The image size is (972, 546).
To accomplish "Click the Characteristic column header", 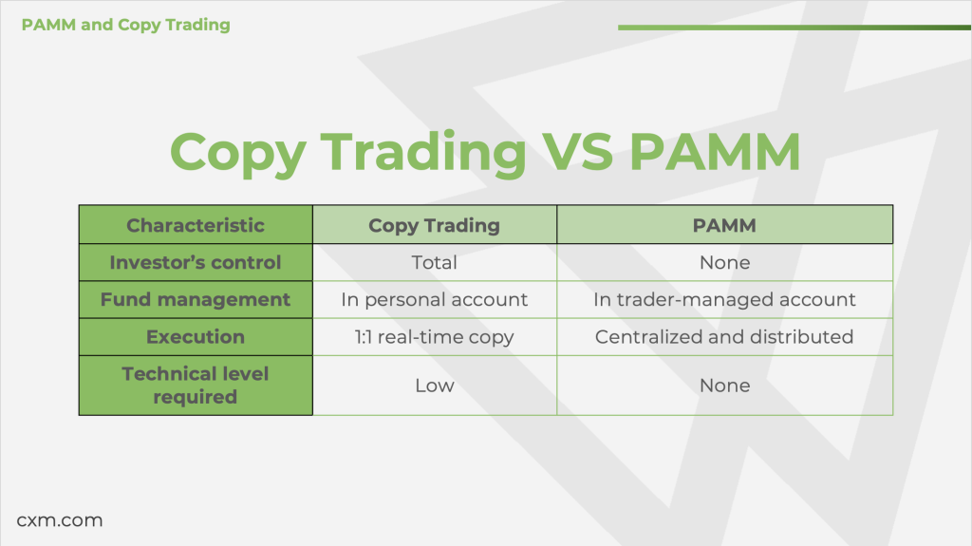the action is [x=196, y=225].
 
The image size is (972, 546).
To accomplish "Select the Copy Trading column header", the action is [x=434, y=226].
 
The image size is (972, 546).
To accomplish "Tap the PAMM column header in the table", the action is [x=724, y=225].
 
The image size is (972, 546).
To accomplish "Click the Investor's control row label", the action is [x=196, y=262].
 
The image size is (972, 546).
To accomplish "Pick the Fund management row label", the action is [x=196, y=300].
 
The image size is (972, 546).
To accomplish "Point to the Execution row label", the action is [x=196, y=337].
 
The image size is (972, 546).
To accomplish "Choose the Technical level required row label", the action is [x=196, y=386].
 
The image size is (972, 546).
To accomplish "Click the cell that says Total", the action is [x=434, y=262].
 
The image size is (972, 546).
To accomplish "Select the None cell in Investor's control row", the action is [x=724, y=262].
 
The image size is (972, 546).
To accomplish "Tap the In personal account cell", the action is [x=434, y=300].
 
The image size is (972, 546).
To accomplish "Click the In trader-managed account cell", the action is [x=724, y=300].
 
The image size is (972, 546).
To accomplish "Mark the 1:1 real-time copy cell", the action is [x=434, y=337].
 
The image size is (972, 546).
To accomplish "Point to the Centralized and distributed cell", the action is [x=724, y=337].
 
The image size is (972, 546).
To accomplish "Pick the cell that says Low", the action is [x=435, y=386].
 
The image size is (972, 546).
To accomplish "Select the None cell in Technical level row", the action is [x=724, y=386].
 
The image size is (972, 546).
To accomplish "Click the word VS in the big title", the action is [x=577, y=151].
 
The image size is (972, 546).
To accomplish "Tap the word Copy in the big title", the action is [x=238, y=154].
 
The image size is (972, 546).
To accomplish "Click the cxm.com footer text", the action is [x=60, y=520].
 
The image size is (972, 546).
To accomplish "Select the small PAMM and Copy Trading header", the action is [x=126, y=25].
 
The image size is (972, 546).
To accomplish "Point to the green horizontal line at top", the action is [x=794, y=28].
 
